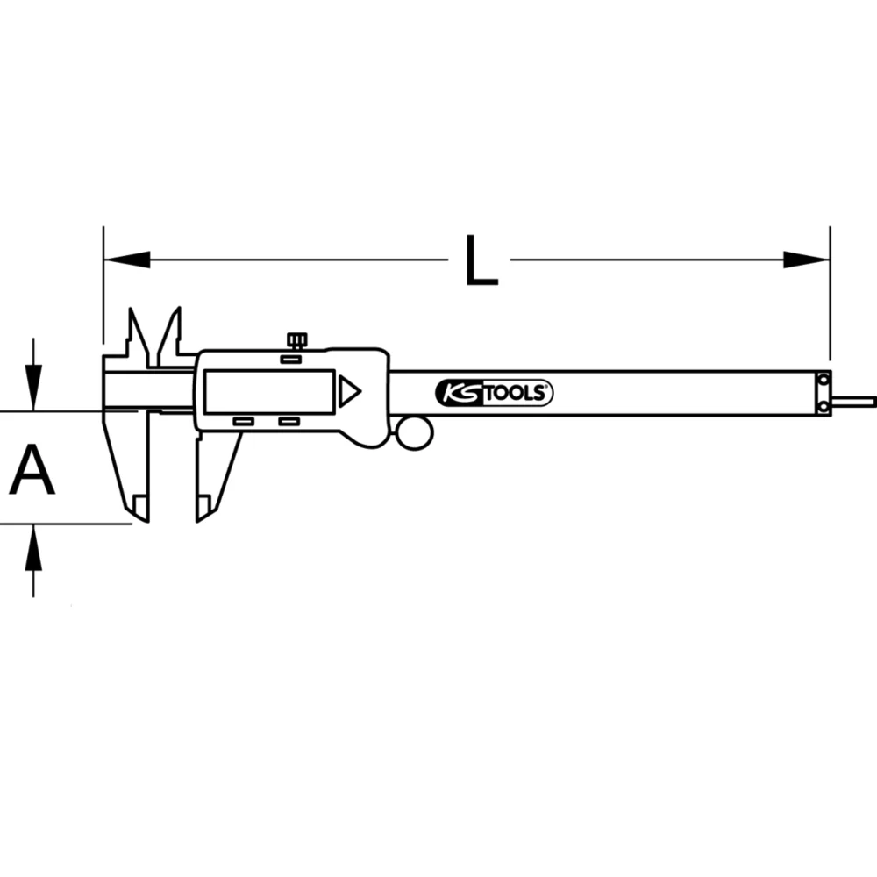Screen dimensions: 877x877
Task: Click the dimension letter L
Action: [481, 260]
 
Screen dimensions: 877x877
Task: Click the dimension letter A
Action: [32, 470]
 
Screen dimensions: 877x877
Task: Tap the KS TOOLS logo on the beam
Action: [494, 394]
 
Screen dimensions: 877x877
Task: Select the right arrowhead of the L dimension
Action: [807, 260]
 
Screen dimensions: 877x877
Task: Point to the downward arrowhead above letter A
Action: [33, 390]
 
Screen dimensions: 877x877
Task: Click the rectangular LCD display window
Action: [268, 391]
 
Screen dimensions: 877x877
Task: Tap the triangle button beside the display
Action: [350, 391]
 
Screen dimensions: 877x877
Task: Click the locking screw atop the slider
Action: [296, 340]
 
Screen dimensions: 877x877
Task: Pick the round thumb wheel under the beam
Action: [413, 432]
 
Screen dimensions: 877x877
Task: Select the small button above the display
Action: [291, 359]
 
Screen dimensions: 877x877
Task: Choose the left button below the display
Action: [243, 423]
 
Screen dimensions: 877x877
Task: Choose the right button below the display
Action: [289, 423]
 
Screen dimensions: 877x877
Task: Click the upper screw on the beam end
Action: [824, 379]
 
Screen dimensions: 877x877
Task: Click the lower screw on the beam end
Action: [824, 407]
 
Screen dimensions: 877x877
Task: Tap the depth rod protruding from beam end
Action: [855, 401]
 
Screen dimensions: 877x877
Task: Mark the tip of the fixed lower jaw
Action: [140, 513]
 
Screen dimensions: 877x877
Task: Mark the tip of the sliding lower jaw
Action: [203, 513]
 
